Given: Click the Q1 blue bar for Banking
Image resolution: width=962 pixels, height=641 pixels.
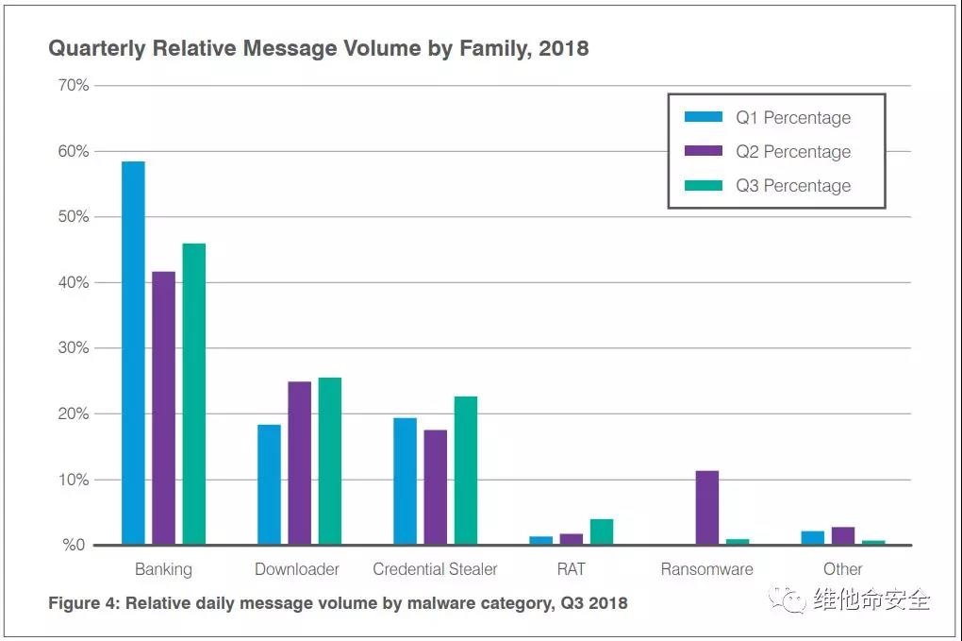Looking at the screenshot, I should [x=133, y=353].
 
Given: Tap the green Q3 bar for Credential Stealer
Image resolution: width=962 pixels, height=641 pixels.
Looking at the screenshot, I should [x=465, y=470].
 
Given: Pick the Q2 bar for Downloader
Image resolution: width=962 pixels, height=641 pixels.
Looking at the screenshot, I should [x=299, y=463].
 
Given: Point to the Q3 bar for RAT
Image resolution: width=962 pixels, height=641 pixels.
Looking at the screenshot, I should [x=601, y=531].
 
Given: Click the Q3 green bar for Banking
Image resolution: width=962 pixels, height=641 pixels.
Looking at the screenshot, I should [x=193, y=394].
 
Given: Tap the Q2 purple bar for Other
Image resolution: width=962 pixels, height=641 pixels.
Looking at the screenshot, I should [x=842, y=535].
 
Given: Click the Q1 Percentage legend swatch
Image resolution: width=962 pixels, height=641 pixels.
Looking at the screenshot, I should [x=703, y=117].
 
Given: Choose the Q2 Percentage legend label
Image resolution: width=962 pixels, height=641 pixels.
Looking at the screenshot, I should [x=793, y=152].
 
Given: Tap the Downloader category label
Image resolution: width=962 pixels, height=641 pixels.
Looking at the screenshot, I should [x=297, y=569].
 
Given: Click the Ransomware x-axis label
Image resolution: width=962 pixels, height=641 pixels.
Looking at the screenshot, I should [x=706, y=569].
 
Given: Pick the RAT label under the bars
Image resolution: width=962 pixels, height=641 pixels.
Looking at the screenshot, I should [x=571, y=569].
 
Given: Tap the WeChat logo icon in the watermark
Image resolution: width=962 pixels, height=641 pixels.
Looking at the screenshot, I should [x=787, y=599].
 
